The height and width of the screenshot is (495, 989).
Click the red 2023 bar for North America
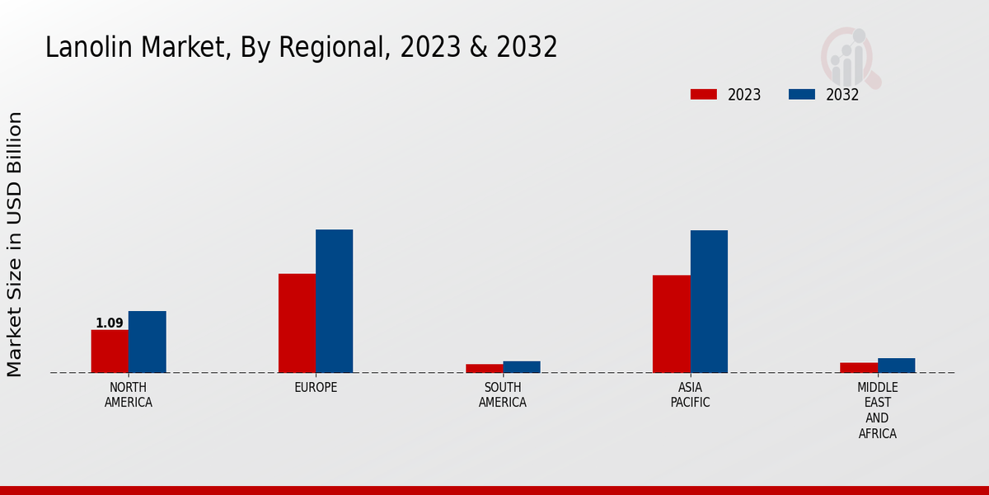[x=110, y=351]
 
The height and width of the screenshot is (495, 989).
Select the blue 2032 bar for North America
[x=147, y=342]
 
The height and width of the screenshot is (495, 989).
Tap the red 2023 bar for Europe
[x=297, y=323]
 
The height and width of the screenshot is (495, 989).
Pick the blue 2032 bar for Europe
[x=334, y=301]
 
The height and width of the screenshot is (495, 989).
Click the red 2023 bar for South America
[x=484, y=368]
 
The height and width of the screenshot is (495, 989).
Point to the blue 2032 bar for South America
[x=522, y=366]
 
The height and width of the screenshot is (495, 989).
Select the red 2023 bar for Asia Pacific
[x=671, y=323]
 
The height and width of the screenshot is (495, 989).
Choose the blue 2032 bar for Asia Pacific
[x=709, y=301]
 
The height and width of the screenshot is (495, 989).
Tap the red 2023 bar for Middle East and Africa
[x=858, y=367]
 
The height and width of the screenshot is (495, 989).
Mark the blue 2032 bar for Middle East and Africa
[x=896, y=365]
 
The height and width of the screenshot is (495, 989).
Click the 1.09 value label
[x=109, y=323]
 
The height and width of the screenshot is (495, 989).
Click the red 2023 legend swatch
[x=703, y=94]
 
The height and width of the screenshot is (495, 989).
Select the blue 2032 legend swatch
[x=801, y=94]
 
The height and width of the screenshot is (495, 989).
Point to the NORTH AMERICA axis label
[x=128, y=395]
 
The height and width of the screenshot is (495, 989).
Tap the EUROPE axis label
[x=316, y=388]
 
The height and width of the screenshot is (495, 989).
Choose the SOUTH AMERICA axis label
[x=503, y=395]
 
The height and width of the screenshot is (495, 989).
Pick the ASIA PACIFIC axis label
[x=690, y=395]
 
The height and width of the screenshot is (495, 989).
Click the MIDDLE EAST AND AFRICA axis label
[x=877, y=410]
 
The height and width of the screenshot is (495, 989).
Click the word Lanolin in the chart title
[x=79, y=48]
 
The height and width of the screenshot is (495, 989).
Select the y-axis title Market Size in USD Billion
[x=15, y=244]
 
